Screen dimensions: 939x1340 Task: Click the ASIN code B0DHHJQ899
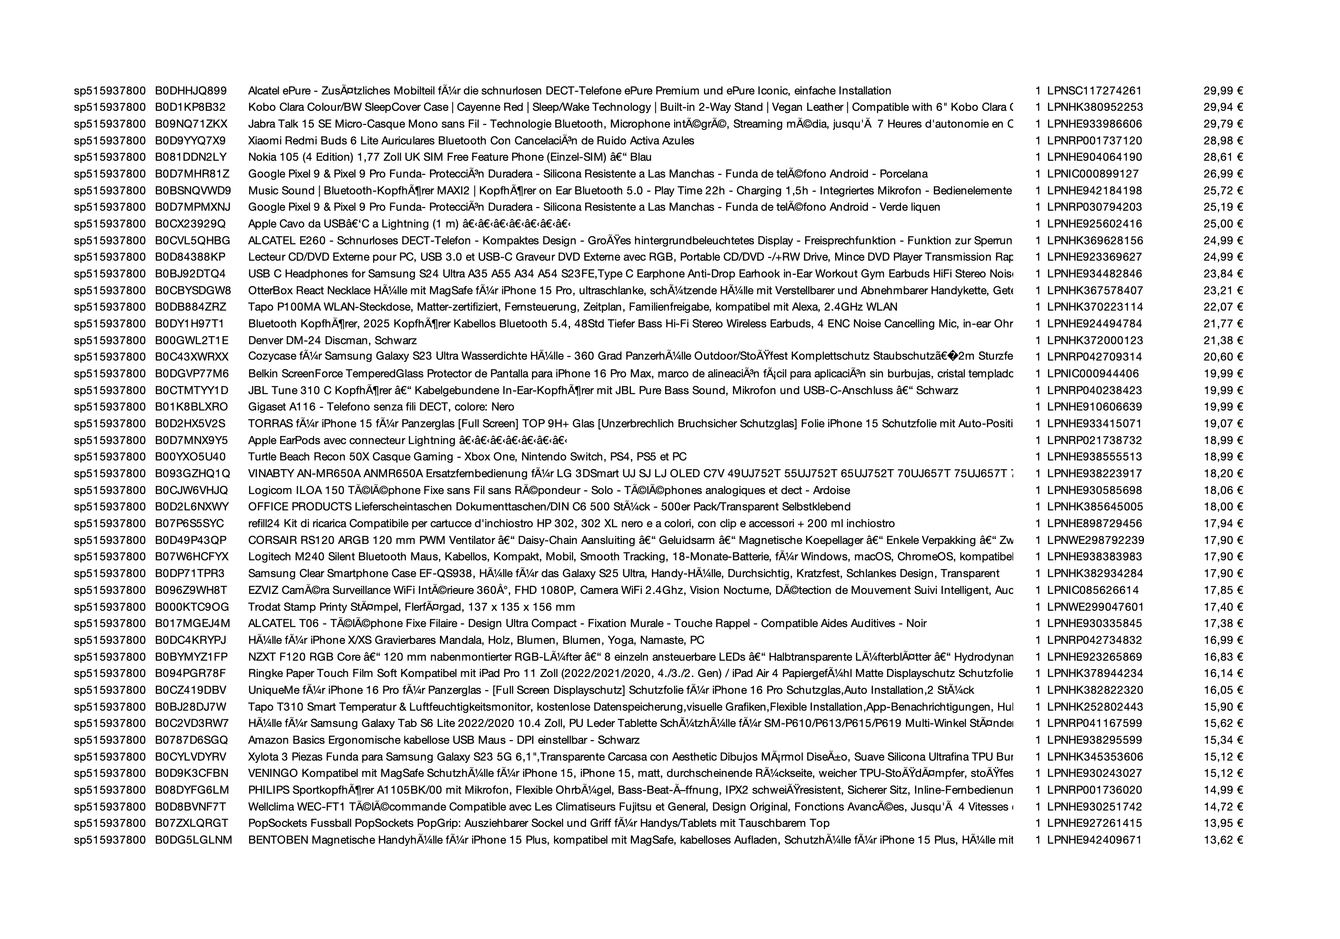coord(190,90)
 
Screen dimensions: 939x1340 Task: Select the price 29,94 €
coord(1223,107)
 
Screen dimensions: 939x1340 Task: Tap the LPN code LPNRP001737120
coord(1094,141)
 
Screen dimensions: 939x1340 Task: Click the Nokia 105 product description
coord(449,157)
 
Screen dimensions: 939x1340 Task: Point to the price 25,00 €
coord(1223,224)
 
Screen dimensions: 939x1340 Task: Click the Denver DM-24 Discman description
coord(332,341)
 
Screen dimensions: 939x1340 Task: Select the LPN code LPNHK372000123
coord(1095,341)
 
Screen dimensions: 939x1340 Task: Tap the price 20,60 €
coord(1223,357)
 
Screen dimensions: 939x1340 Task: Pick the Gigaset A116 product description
coord(380,407)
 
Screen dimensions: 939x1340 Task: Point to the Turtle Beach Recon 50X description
coord(467,457)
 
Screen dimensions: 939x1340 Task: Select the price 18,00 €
coord(1223,507)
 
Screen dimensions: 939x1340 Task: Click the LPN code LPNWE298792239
coord(1095,540)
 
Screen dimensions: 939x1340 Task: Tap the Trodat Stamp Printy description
coord(411,607)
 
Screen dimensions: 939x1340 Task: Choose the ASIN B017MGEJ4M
coord(192,624)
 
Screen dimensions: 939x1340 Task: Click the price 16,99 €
coord(1223,640)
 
